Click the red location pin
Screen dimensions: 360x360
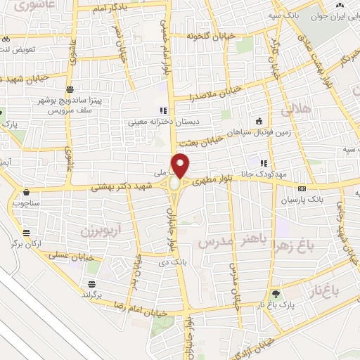click(181, 165)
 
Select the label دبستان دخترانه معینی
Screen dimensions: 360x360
click(162, 122)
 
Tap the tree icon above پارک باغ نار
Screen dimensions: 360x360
click(276, 293)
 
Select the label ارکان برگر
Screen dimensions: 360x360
click(27, 243)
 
